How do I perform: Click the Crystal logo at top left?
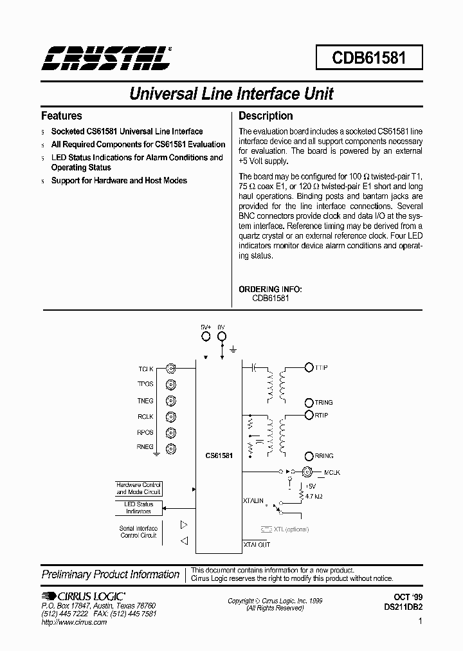[x=106, y=59]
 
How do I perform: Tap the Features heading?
[x=61, y=116]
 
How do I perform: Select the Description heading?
[x=266, y=116]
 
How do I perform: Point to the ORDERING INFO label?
[x=270, y=289]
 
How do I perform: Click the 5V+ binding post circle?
[x=206, y=336]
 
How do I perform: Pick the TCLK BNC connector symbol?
[x=171, y=369]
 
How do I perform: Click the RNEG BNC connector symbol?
[x=171, y=448]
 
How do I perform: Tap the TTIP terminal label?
[x=321, y=367]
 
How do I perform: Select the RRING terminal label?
[x=323, y=455]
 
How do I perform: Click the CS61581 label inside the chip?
[x=219, y=455]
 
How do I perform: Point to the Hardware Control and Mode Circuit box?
[x=138, y=488]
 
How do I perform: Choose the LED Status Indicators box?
[x=138, y=508]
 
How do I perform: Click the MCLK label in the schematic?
[x=332, y=473]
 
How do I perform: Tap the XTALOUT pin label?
[x=257, y=544]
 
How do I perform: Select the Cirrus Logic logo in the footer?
[x=84, y=596]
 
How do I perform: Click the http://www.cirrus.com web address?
[x=74, y=623]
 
